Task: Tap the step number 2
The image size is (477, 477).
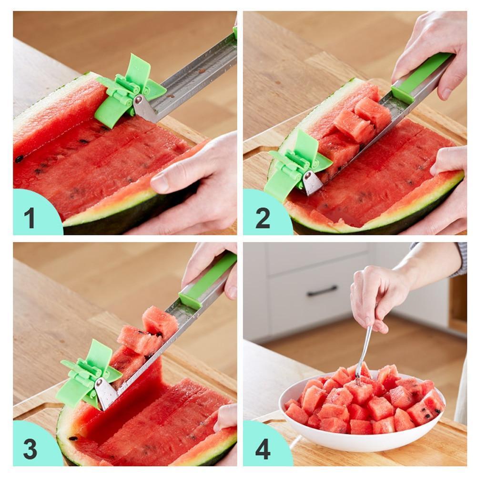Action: click(263, 218)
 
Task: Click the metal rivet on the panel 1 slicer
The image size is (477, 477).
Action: click(138, 100)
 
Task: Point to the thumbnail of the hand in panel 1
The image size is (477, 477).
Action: click(160, 184)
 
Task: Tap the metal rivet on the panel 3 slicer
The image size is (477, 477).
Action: click(99, 382)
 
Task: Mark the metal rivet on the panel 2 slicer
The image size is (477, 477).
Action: click(308, 175)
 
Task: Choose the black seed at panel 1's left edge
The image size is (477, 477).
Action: click(20, 159)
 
